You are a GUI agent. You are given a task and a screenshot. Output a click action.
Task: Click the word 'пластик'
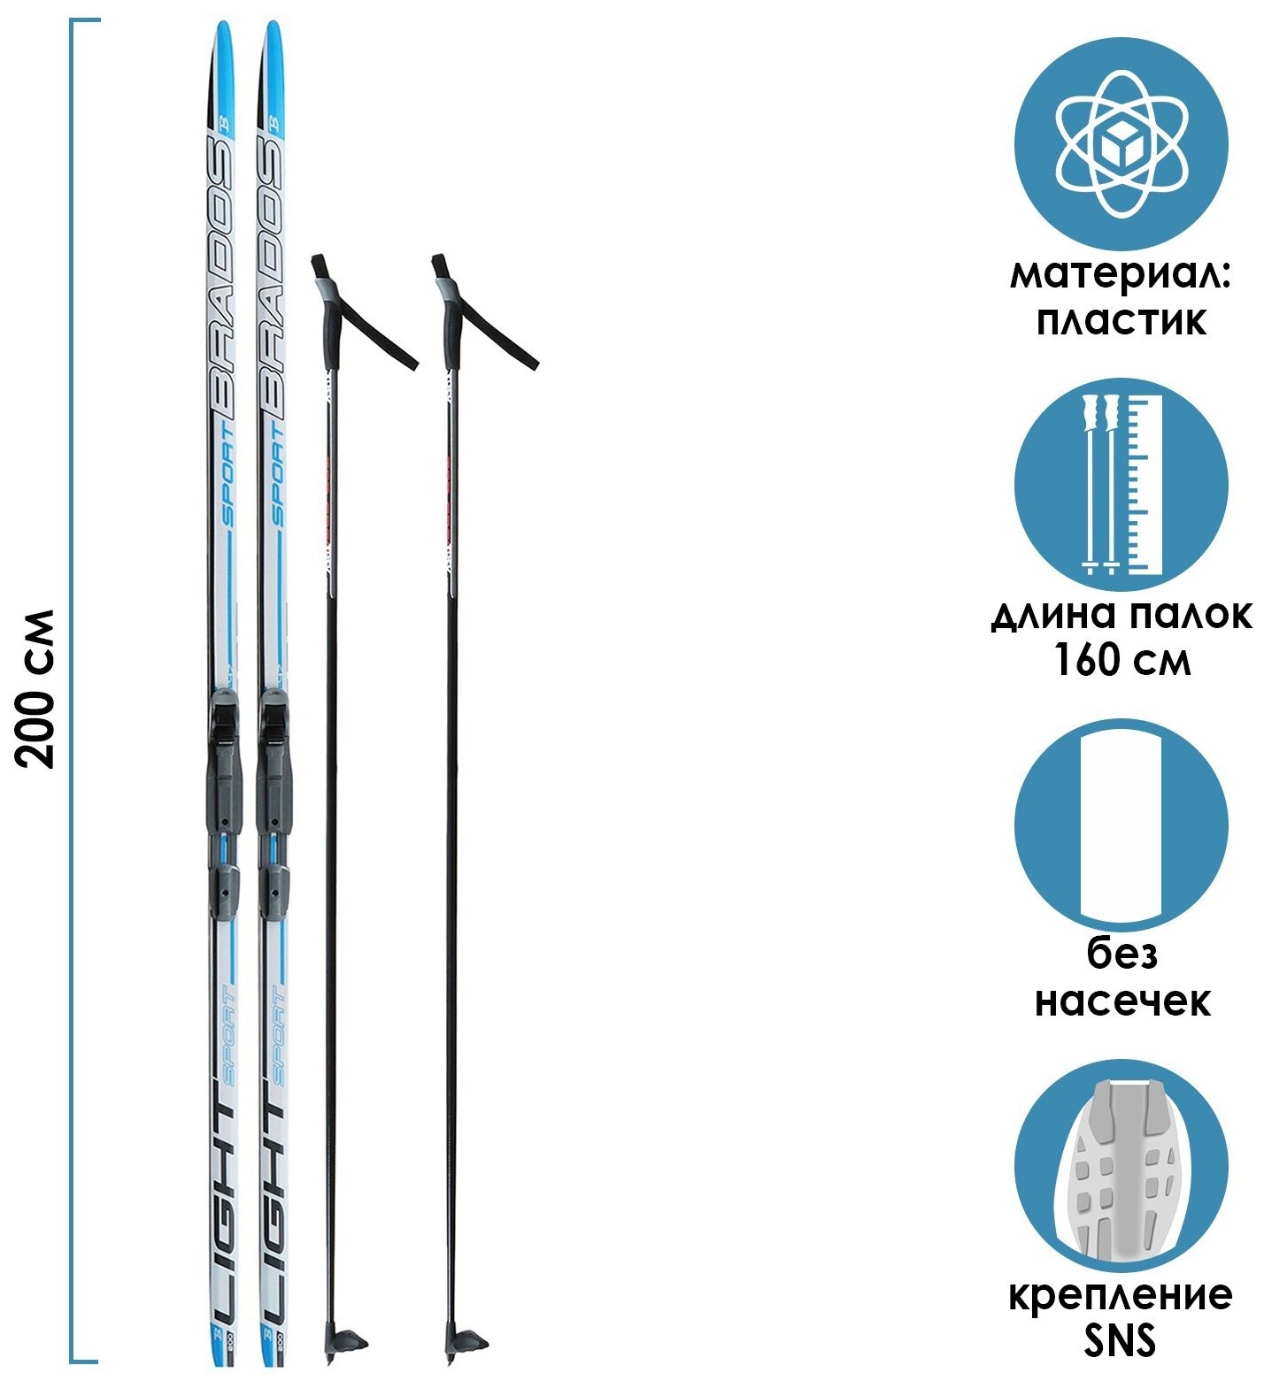(1121, 320)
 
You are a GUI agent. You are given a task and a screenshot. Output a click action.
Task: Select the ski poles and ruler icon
(1121, 485)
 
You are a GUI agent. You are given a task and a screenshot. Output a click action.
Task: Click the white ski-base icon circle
(1121, 825)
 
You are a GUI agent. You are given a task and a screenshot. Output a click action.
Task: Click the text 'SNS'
(1121, 1341)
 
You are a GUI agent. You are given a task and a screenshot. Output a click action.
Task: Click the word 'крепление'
(1121, 1297)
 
